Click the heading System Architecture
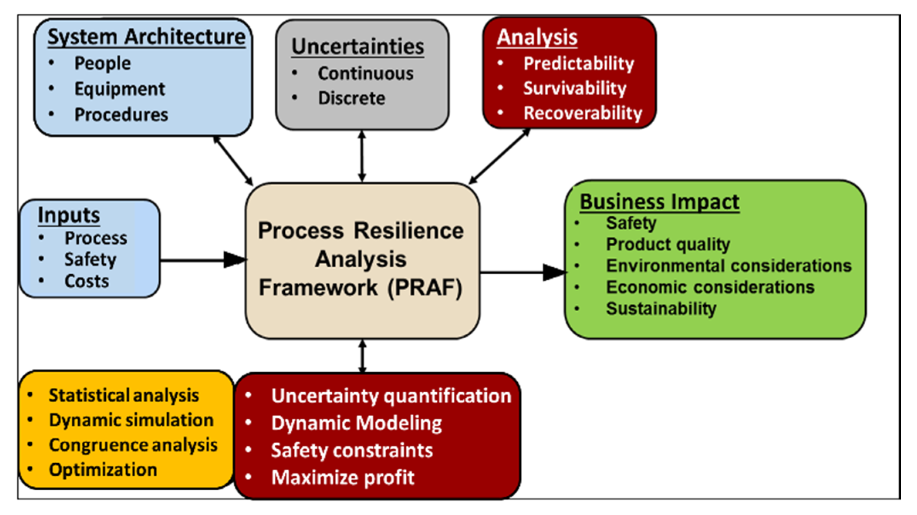click(x=146, y=37)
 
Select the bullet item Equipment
click(x=120, y=89)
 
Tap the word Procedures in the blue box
click(x=121, y=115)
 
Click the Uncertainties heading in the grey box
click(x=358, y=47)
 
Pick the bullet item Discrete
click(x=351, y=98)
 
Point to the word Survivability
click(x=574, y=88)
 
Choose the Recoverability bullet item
click(x=583, y=113)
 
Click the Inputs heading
click(x=69, y=215)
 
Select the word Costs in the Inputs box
click(x=86, y=281)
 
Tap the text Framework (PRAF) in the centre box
click(x=360, y=288)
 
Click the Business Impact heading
click(x=659, y=202)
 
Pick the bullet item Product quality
click(x=668, y=245)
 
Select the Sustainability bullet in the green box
click(x=661, y=309)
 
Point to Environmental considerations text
click(x=728, y=266)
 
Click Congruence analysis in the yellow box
click(x=133, y=445)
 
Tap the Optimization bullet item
click(x=103, y=470)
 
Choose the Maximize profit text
click(x=343, y=478)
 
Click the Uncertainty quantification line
click(x=391, y=396)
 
